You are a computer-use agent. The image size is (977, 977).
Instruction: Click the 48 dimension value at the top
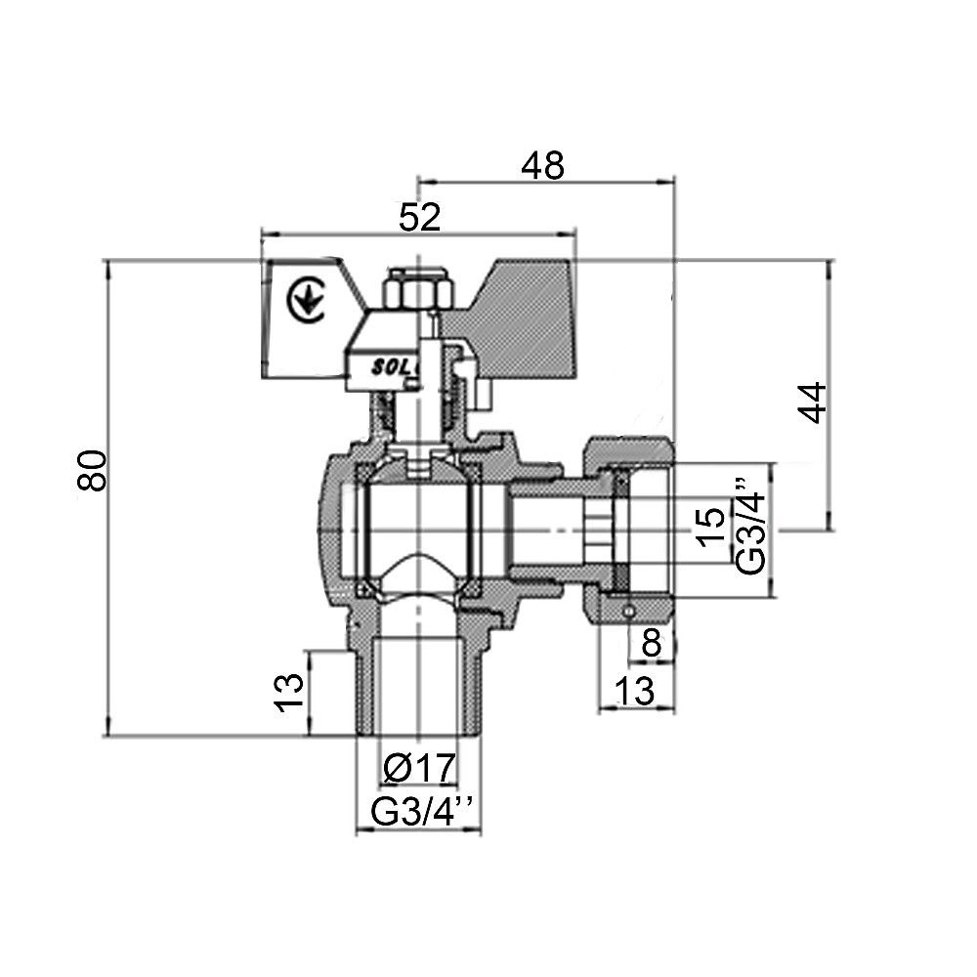coord(542,165)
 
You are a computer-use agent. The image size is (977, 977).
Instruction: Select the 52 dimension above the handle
coord(420,218)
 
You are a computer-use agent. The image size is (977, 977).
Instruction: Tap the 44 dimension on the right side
coord(813,402)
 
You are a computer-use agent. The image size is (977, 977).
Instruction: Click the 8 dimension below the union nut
coord(651,644)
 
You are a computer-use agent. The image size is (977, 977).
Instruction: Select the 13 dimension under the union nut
coord(635,691)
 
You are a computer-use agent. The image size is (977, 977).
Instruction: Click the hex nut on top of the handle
coord(419,289)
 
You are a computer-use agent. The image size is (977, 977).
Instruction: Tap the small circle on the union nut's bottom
coord(628,611)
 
